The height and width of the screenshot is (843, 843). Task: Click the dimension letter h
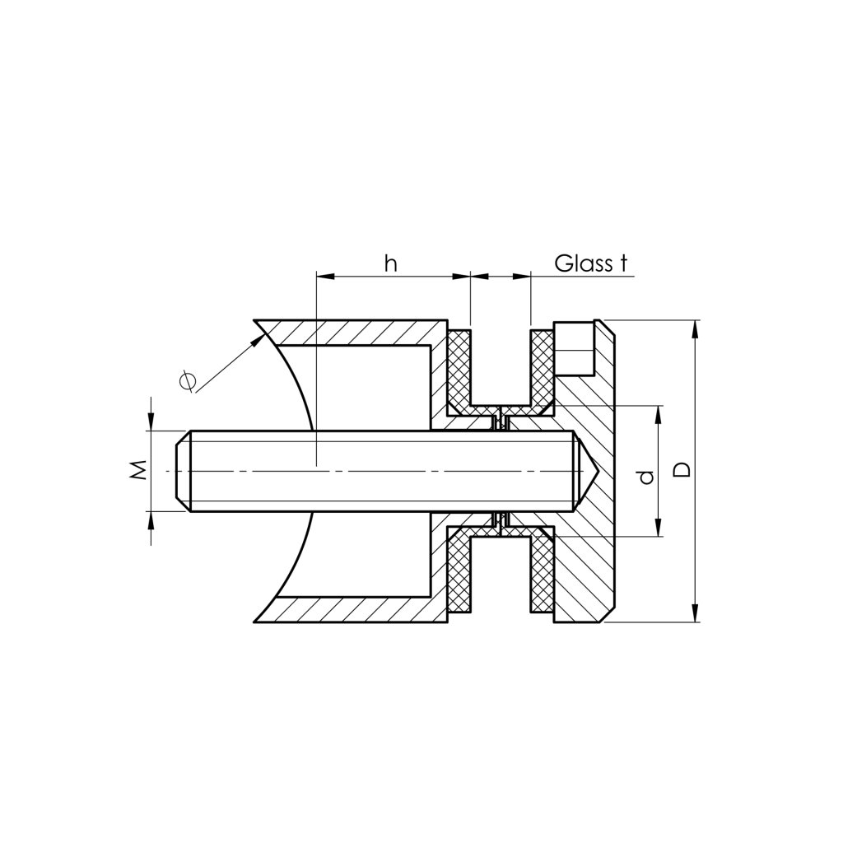tap(392, 263)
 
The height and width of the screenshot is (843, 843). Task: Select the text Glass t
tap(590, 263)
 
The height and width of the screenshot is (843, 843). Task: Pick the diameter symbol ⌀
tap(188, 380)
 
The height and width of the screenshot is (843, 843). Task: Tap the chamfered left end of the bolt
tap(183, 471)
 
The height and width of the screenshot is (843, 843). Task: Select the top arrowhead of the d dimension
tap(658, 412)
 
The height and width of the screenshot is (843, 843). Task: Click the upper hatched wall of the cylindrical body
tap(354, 333)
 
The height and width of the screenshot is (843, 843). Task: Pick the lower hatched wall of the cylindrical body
tap(354, 608)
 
